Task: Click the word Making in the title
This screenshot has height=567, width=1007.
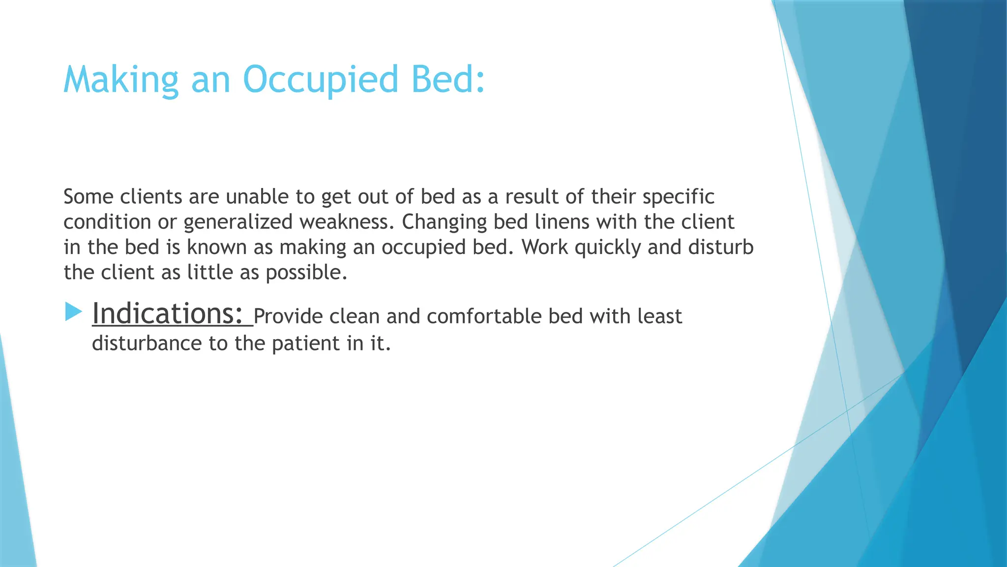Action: pos(120,80)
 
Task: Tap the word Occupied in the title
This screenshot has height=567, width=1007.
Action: pos(320,80)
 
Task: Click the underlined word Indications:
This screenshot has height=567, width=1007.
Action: pos(168,314)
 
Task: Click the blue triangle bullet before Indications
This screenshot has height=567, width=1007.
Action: pos(73,312)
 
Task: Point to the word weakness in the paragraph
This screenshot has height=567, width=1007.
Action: pos(347,222)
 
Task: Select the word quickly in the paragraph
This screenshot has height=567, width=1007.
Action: pos(607,247)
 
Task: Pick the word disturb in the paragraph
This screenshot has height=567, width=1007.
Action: pos(720,247)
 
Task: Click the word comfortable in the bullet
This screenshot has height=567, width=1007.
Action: pos(484,316)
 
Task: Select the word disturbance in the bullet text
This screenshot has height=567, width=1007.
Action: pos(147,343)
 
